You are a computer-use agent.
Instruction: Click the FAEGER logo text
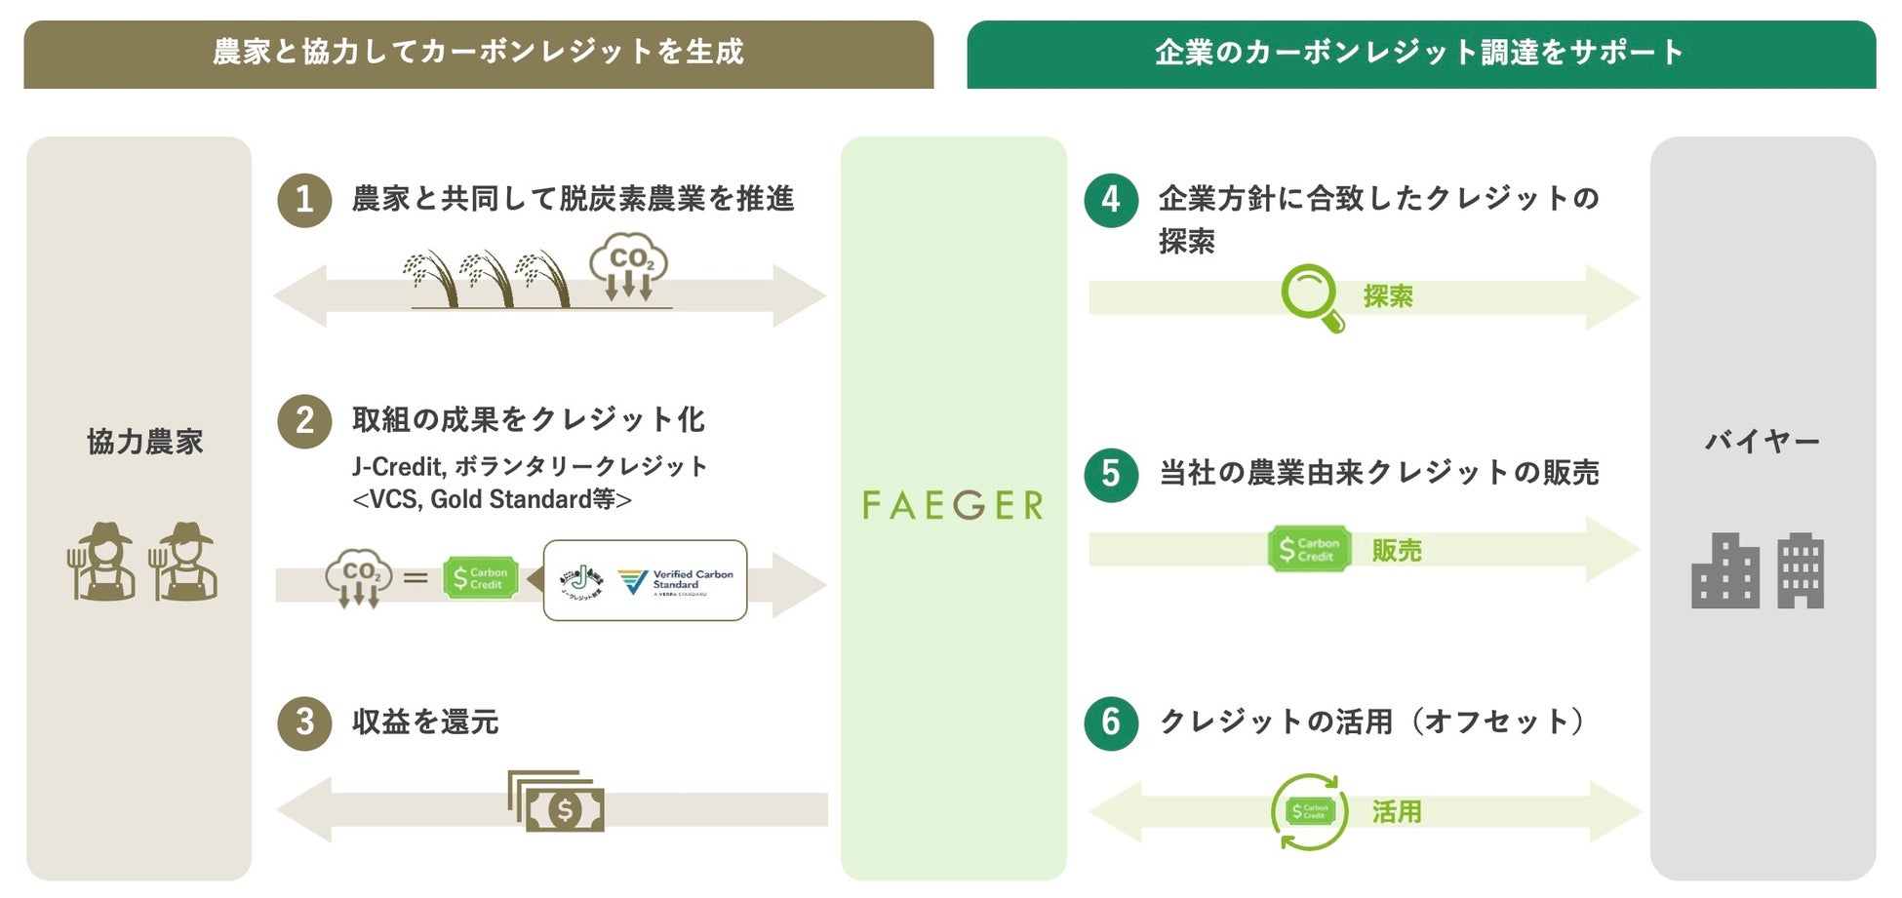953,505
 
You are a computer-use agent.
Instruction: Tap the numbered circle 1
304,200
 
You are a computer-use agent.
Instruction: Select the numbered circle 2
304,420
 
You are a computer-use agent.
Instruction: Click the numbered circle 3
304,722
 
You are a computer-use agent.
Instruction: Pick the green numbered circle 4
1111,200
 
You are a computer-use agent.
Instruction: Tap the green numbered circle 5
1111,474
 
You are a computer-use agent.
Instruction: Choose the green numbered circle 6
1111,722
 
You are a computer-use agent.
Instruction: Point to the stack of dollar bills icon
556,801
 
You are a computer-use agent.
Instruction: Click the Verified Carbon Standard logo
675,581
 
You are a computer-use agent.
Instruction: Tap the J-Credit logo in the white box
581,581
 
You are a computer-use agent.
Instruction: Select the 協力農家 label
144,442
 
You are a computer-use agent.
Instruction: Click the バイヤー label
1762,442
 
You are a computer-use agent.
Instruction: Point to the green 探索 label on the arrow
1388,296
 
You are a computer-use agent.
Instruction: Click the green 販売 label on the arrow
1397,551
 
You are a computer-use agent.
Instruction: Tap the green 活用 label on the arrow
1397,811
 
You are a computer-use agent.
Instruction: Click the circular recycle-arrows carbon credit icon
1310,811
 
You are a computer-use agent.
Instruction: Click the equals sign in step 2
416,578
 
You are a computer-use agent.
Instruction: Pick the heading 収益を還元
425,722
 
